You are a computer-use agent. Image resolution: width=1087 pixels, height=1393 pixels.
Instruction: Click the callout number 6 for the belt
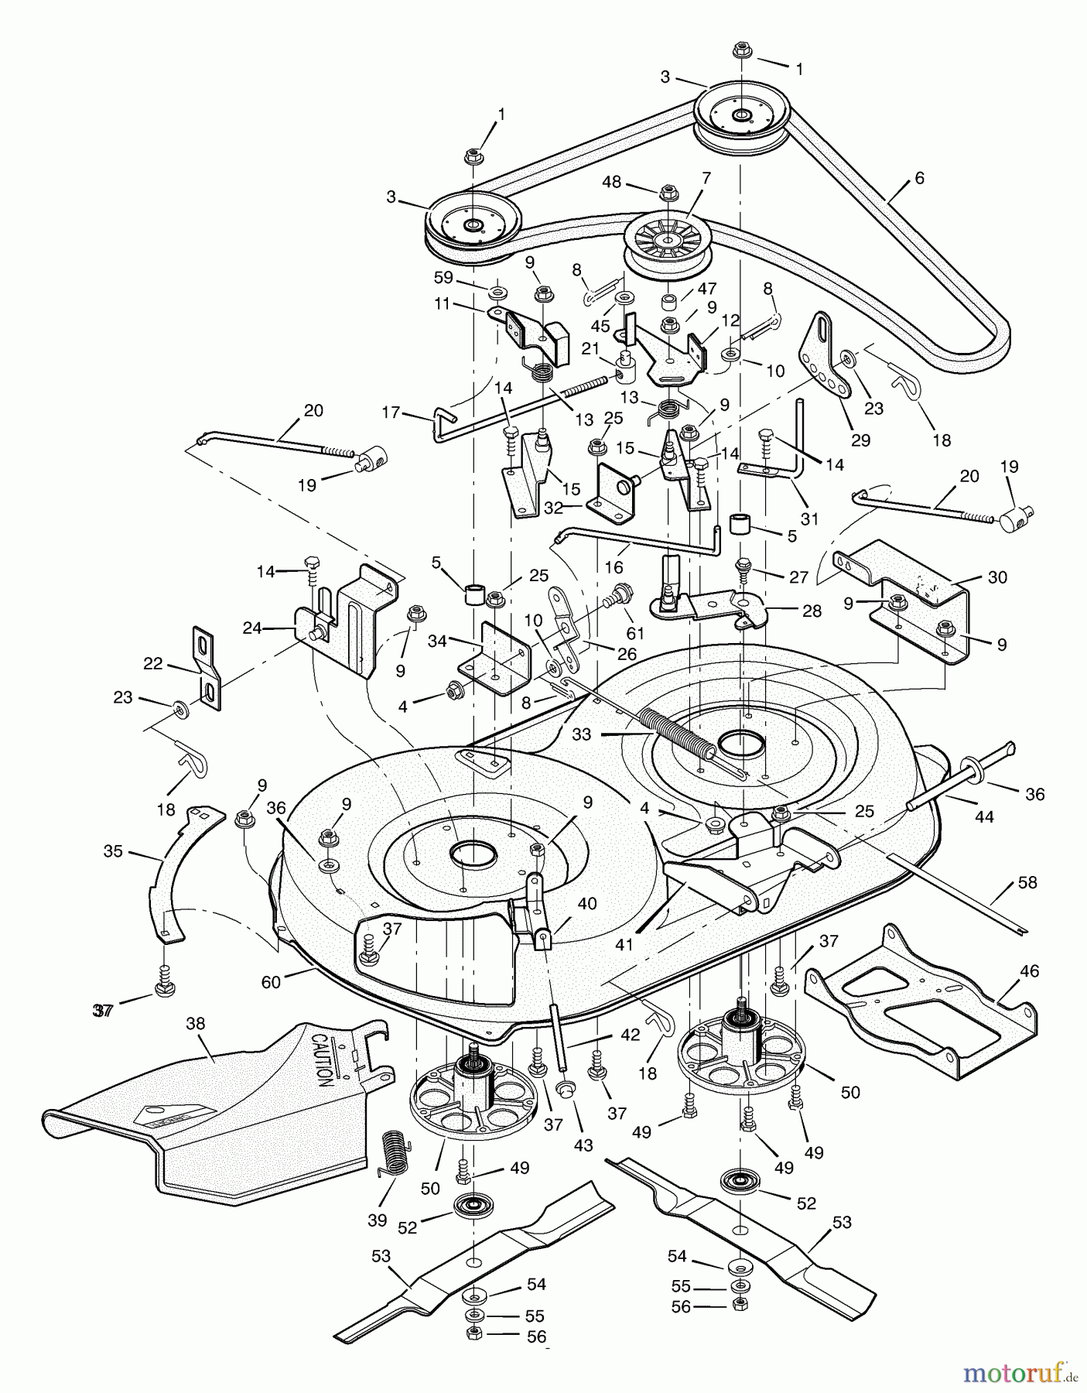point(919,178)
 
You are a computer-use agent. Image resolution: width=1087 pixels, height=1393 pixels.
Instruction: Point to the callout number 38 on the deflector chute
point(196,1024)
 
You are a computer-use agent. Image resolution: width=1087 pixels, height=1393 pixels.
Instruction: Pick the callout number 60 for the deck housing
point(271,982)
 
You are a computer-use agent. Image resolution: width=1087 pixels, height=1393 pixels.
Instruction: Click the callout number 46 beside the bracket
point(1030,970)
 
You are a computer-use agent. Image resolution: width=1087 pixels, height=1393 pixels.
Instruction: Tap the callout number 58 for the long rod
point(1028,882)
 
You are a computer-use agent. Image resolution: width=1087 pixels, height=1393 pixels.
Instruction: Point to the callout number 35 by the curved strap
point(113,852)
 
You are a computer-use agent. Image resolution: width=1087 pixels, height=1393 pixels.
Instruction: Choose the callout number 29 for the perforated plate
point(860,440)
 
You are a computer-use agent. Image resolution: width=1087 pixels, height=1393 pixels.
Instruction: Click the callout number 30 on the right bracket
point(997,577)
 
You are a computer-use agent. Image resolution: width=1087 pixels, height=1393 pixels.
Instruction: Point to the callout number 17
point(391,412)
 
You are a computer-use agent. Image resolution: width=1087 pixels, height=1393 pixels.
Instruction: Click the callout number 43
point(583,1145)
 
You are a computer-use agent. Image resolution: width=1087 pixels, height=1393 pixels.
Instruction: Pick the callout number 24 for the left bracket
point(252,628)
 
